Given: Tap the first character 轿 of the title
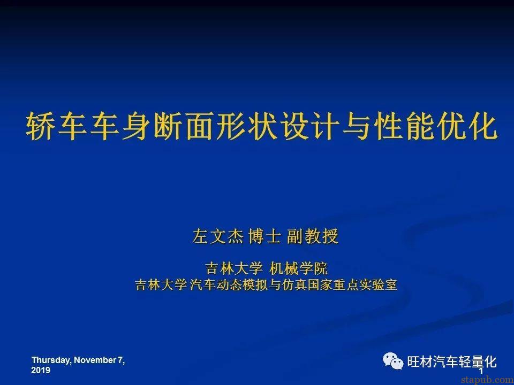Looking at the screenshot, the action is tap(40, 126).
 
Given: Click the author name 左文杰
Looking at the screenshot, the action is tap(218, 236).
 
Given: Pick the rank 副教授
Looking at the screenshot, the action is tap(312, 236).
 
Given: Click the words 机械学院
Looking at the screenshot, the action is tap(298, 269).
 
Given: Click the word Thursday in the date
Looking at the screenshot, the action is tap(51, 360).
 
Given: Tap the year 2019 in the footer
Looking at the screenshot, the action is tap(41, 370).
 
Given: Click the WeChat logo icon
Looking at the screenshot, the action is tap(393, 361).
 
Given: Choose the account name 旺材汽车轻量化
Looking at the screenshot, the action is tap(452, 362).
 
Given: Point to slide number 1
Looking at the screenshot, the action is tap(481, 371).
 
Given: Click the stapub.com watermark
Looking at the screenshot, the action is tap(487, 380).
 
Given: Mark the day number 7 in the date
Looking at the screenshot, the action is tap(120, 360).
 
